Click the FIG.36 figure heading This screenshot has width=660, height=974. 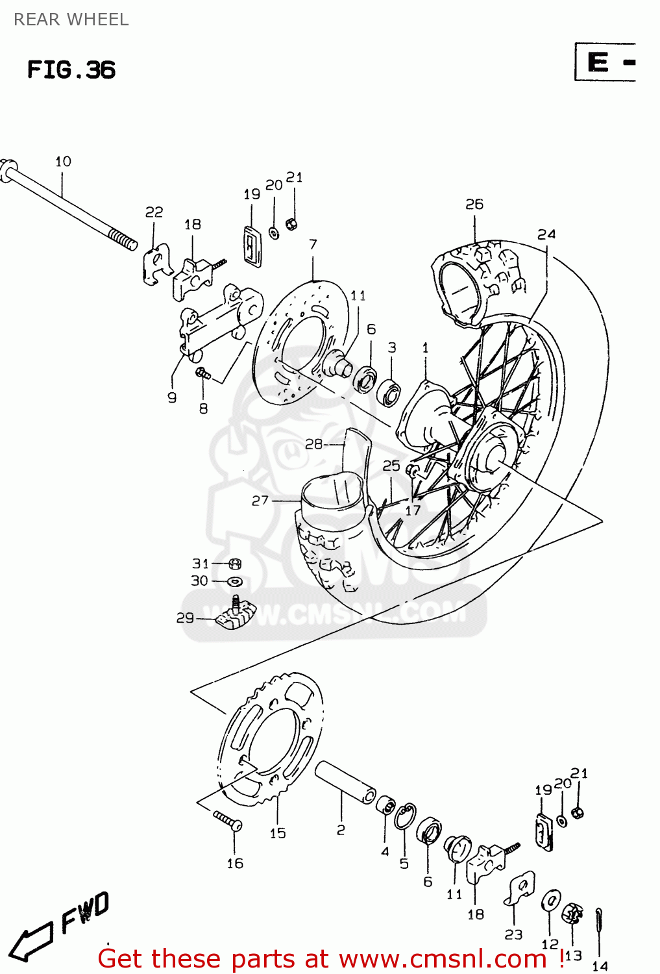(71, 69)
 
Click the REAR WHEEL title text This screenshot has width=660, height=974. (71, 19)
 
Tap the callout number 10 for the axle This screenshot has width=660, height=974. (63, 162)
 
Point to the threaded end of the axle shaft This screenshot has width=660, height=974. (123, 239)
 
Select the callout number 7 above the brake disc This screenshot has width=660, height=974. (313, 244)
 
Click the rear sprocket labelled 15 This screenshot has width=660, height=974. (269, 740)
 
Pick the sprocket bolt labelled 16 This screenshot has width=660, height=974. (228, 821)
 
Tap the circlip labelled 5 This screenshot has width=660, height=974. (406, 817)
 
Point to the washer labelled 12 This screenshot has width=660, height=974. (552, 901)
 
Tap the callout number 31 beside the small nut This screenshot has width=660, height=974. (200, 564)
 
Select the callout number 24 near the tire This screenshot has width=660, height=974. (546, 234)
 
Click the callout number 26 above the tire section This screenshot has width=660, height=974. (474, 204)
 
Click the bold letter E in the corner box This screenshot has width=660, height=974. (598, 62)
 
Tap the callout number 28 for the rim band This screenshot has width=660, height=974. (313, 444)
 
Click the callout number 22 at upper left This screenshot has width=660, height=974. (154, 212)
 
